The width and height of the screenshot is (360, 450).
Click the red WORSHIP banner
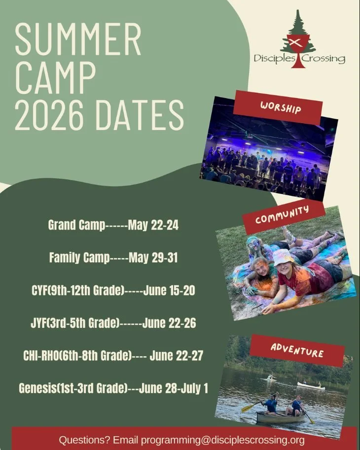[x=278, y=107]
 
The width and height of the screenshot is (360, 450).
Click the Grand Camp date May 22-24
[x=153, y=226]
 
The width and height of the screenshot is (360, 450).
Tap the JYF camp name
[x=39, y=323]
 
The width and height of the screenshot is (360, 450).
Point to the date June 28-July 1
[x=173, y=388]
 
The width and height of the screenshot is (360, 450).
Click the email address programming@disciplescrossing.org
[x=222, y=440]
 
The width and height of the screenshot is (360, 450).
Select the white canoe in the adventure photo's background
[x=311, y=386]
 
